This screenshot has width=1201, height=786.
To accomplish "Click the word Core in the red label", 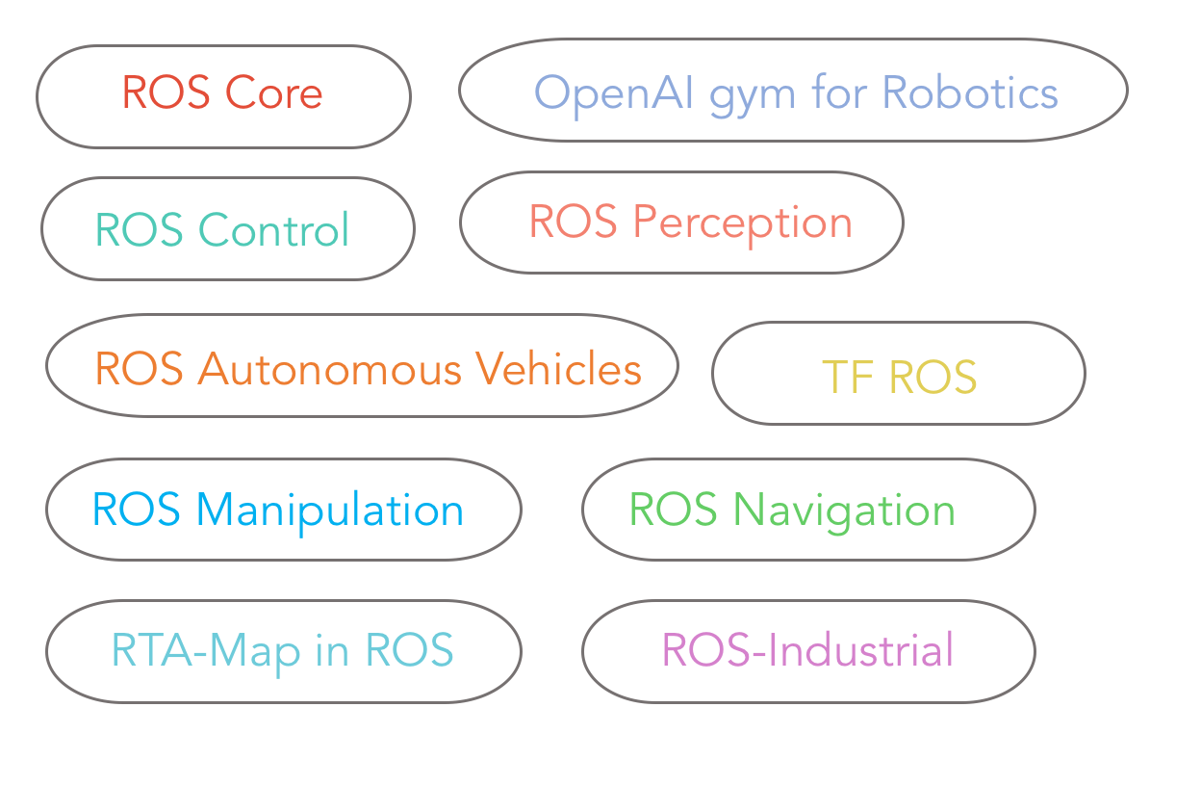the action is coord(273,92).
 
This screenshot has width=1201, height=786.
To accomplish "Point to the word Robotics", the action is coord(970,92).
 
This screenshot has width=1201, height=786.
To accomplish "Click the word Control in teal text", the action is coord(274,229).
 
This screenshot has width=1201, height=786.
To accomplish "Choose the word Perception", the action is coord(743,224).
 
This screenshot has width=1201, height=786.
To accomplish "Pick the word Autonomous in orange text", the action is coord(329,369).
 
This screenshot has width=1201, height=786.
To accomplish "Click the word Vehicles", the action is coord(559,368).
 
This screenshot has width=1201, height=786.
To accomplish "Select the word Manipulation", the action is coord(330,512).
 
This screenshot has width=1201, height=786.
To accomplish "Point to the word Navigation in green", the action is coord(844,512).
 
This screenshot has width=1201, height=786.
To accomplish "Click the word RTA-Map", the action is coord(205,653).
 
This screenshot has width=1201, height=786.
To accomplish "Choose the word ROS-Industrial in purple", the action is coord(808,649).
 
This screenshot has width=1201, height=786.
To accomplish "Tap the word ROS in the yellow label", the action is coord(933,377).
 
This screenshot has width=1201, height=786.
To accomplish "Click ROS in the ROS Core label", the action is coord(166,92).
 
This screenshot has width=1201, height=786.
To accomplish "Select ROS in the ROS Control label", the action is coord(139,229).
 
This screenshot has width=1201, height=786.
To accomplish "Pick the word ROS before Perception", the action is coord(574,221).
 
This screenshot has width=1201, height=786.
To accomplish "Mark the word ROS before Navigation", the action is coord(673,510).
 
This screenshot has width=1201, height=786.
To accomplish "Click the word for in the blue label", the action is coord(838,92).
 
